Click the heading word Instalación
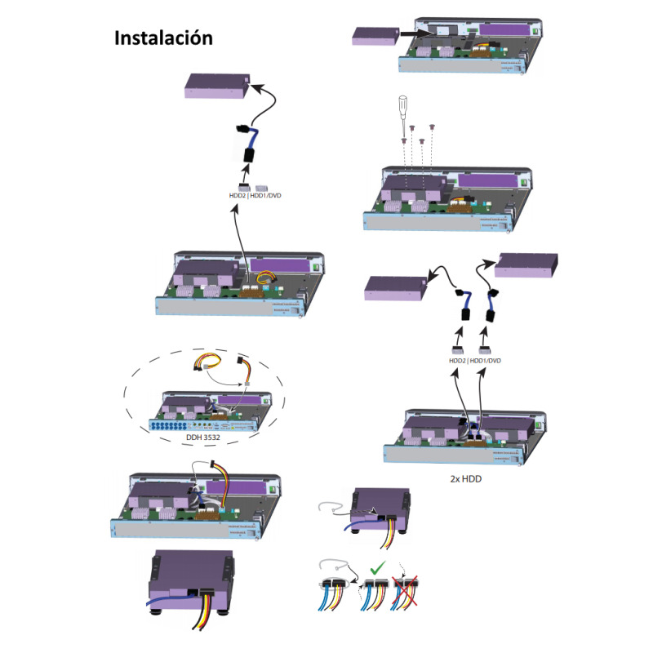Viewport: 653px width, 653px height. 163,38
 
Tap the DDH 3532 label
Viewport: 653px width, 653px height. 203,434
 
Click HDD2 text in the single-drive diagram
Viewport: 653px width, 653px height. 237,195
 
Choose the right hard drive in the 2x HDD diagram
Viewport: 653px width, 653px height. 525,265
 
